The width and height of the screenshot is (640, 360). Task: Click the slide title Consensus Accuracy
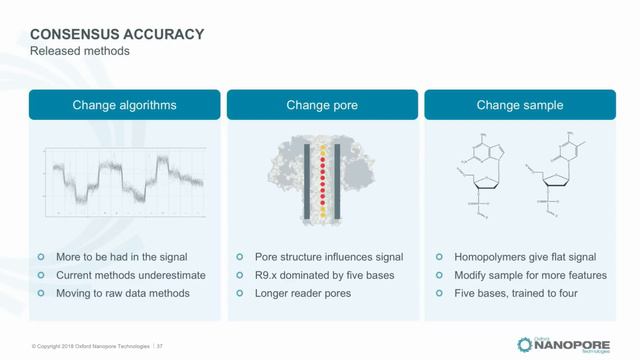point(117,34)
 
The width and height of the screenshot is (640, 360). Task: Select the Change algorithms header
point(124,105)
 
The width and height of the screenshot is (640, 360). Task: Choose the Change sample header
point(519,105)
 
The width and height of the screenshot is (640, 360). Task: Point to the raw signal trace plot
point(124,181)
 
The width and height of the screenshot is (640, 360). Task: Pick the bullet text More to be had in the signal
point(124,257)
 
